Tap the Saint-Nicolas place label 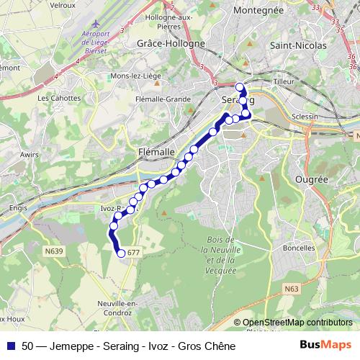(297, 45)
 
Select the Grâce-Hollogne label (171, 43)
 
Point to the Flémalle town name (156, 152)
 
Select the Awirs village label (30, 154)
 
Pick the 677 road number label (132, 253)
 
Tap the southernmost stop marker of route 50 (121, 252)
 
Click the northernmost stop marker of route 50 (240, 87)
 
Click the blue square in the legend (11, 346)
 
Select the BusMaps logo (325, 345)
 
